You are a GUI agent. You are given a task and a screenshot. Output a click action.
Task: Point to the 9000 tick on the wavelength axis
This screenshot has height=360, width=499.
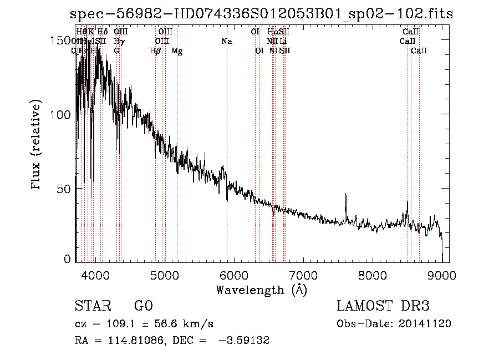442,275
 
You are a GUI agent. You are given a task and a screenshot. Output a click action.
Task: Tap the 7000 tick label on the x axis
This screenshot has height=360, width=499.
303,275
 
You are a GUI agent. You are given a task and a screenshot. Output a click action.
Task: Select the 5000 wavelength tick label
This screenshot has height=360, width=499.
164,275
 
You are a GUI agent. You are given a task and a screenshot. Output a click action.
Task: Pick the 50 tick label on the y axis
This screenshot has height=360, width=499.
65,189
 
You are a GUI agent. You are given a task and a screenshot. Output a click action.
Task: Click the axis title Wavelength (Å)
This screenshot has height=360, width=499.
261,290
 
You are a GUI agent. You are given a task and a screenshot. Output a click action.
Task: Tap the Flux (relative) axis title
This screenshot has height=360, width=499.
37,145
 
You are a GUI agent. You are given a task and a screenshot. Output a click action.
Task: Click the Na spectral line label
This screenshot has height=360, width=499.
226,42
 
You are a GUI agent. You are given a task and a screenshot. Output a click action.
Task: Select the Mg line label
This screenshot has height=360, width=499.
177,51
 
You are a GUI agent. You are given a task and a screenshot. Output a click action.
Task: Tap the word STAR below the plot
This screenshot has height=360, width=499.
92,306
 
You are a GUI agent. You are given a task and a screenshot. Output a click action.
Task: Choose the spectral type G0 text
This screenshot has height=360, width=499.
143,306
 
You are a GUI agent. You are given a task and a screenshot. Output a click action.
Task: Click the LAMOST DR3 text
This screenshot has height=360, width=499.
383,306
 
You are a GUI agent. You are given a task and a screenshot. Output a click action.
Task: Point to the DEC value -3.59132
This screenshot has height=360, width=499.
245,341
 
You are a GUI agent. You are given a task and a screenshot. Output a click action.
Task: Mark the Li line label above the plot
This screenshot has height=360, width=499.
283,42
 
